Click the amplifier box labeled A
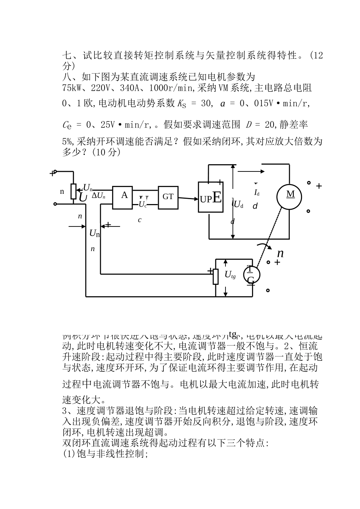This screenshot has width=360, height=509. [124, 198]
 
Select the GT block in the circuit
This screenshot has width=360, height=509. [168, 197]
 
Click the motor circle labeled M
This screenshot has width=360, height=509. [290, 195]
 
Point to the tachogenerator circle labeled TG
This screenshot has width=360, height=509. [250, 275]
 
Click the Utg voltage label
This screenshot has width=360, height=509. [230, 275]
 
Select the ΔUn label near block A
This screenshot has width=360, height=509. [99, 196]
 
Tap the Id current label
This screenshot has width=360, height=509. [257, 193]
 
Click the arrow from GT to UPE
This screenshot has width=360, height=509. [188, 198]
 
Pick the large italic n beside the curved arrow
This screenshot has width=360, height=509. [280, 253]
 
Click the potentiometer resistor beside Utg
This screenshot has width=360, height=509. [216, 276]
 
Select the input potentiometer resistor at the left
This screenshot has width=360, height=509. [74, 192]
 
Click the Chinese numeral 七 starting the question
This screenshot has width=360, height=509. [67, 56]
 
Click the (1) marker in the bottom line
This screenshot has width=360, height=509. [69, 454]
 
